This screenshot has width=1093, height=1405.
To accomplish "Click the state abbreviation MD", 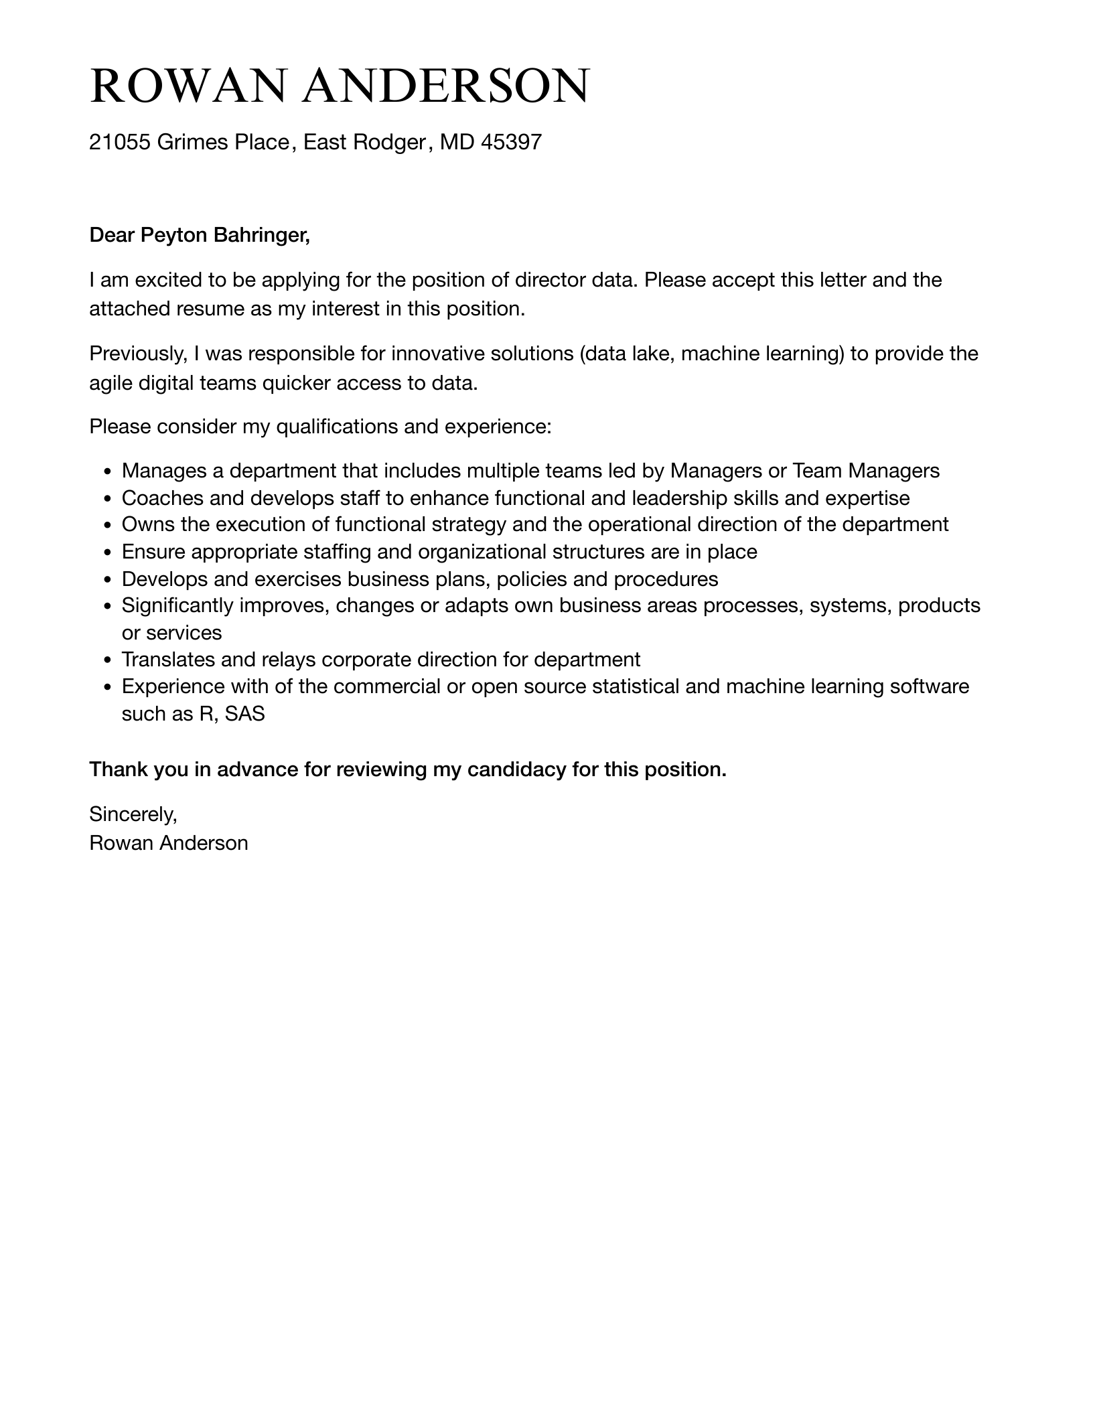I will (x=457, y=142).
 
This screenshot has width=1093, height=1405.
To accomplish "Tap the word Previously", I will (x=138, y=354).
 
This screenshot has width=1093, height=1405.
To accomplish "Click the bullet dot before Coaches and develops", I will (x=108, y=499).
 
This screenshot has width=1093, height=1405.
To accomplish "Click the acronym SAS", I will (x=245, y=714).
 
